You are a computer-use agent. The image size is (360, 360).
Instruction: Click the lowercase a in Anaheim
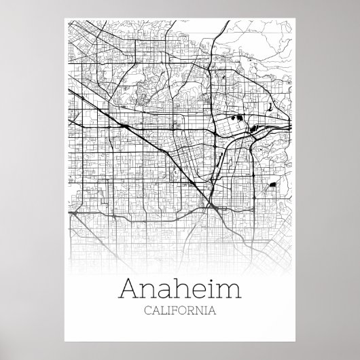(162, 292)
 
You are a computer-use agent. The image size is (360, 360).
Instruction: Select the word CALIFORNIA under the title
(180, 312)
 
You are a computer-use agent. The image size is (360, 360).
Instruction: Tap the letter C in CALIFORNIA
(148, 312)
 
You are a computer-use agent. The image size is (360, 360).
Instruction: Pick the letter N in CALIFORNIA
(199, 312)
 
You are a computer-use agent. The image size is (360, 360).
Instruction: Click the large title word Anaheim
(180, 290)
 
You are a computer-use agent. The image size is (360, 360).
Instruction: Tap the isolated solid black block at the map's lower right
(272, 185)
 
